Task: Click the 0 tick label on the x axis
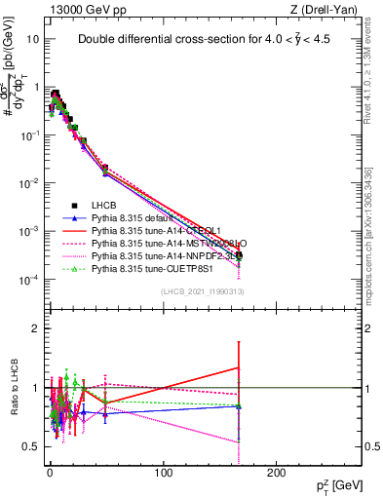[50, 472]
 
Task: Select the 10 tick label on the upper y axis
[32, 40]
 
